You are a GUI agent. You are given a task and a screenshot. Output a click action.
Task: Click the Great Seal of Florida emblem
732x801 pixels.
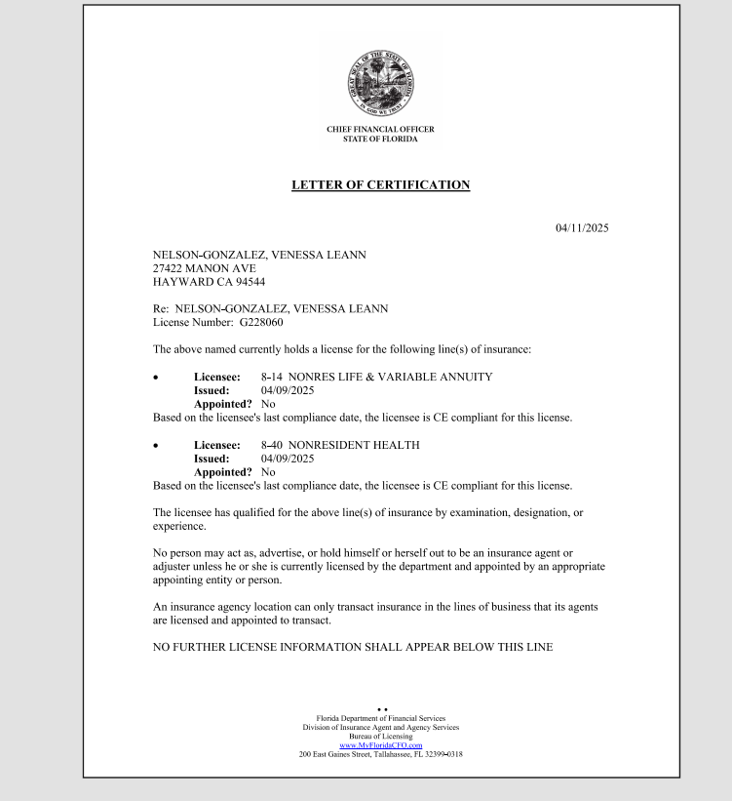[x=380, y=84]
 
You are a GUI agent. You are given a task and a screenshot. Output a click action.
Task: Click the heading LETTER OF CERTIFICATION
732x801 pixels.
[x=380, y=185]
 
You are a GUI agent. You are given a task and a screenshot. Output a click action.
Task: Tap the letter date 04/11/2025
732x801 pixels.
[x=582, y=228]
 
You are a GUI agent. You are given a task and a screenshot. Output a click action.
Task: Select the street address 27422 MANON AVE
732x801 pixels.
[x=204, y=268]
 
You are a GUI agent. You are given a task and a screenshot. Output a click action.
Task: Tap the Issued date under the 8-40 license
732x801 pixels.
[x=288, y=459]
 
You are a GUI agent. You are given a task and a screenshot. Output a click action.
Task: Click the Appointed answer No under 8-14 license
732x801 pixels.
[x=268, y=403]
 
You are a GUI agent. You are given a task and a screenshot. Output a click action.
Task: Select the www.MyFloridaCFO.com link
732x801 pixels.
[x=380, y=745]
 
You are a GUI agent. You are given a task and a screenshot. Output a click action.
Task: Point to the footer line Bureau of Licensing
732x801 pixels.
[x=380, y=737]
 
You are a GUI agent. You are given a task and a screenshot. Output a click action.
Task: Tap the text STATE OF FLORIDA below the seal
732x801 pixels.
[x=380, y=140]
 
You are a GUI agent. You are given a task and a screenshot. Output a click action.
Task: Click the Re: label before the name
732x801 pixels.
[x=161, y=308]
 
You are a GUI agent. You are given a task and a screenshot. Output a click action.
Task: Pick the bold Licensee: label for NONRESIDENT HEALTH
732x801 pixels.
[x=216, y=445]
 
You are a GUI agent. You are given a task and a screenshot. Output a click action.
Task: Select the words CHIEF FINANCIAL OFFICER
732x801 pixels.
[x=380, y=130]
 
